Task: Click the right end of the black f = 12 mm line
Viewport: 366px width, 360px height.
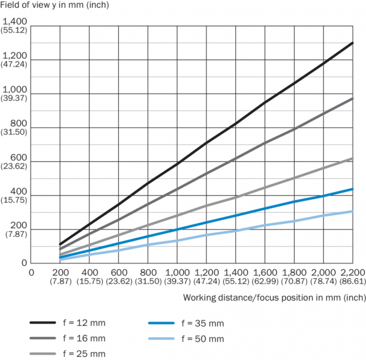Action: [x=353, y=43]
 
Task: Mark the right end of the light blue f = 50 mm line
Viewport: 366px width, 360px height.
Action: [x=353, y=211]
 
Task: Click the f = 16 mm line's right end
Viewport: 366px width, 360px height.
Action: [x=353, y=98]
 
